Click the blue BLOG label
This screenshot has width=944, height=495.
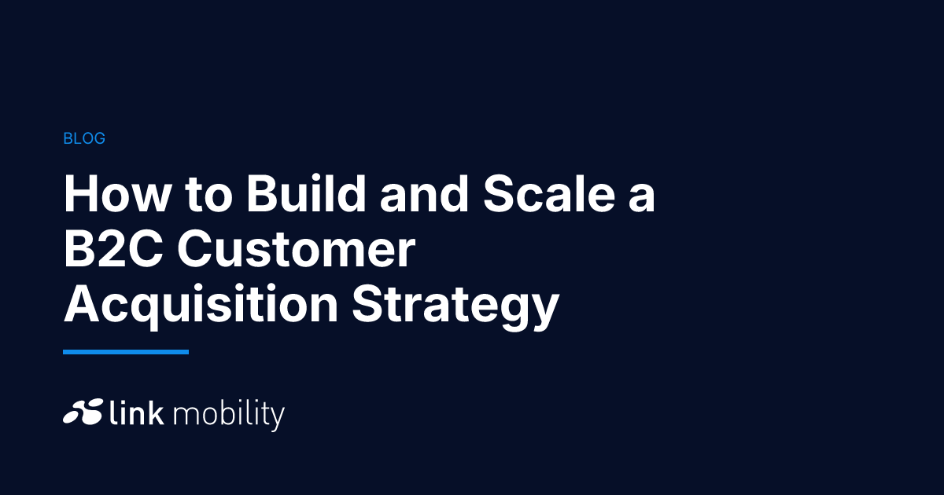click(84, 138)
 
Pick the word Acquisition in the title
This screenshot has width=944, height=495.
click(201, 304)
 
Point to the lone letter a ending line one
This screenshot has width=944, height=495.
click(642, 199)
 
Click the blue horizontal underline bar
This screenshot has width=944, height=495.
click(126, 352)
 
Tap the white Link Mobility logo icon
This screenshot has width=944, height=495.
click(83, 411)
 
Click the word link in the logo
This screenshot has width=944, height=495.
click(137, 412)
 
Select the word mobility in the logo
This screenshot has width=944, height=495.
click(229, 416)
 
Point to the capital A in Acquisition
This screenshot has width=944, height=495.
click(82, 304)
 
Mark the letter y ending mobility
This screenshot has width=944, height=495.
click(277, 420)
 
